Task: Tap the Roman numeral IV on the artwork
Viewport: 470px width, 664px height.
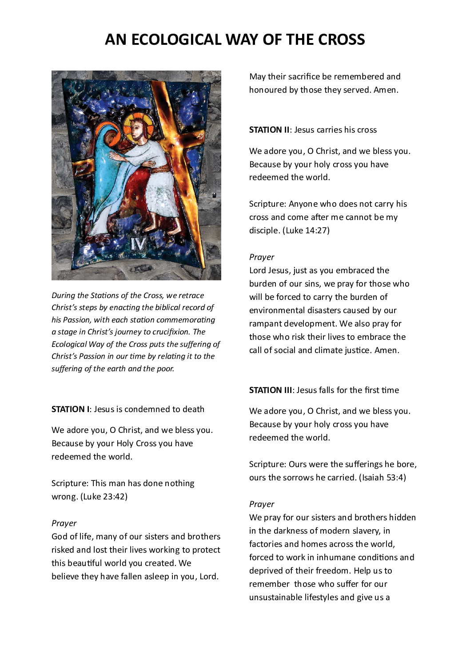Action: coord(138,244)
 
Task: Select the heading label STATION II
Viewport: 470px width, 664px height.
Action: coord(269,130)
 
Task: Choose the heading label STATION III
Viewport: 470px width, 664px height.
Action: coord(271,390)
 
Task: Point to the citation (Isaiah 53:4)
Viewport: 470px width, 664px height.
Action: coord(382,478)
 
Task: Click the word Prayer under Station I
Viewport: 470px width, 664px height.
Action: coord(64,523)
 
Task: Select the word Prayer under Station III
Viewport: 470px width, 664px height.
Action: coord(262,504)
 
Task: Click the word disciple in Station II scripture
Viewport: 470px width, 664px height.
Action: coord(264,231)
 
